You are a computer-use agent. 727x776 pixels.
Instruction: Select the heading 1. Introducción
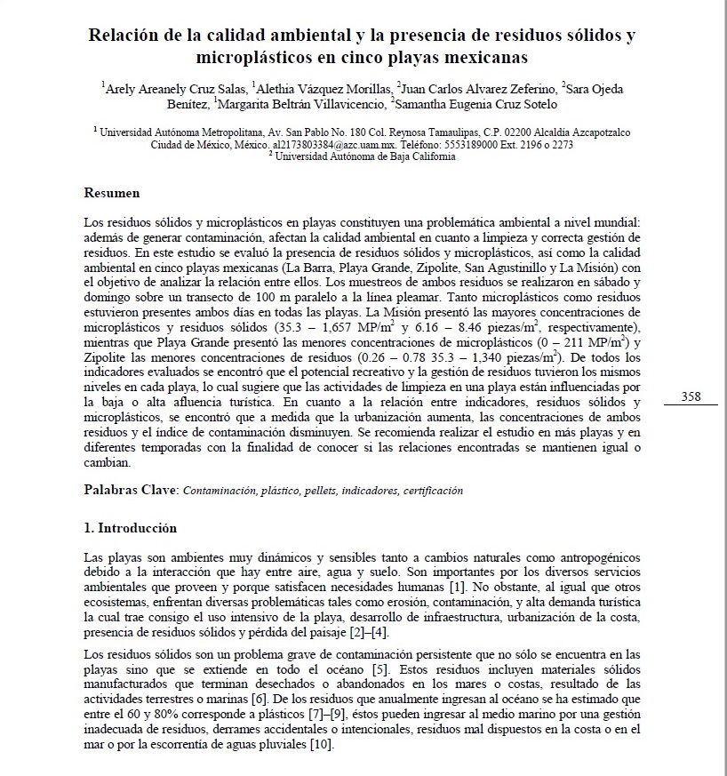point(130,528)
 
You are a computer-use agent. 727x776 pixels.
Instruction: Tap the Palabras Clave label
point(131,490)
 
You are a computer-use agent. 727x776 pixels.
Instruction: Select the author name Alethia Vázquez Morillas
point(324,89)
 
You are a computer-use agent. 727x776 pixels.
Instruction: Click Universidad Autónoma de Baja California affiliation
point(364,156)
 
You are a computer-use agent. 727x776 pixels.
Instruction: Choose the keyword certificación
point(432,491)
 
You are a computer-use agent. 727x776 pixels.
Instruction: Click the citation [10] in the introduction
point(323,744)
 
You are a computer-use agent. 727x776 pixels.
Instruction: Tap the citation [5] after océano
point(378,667)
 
